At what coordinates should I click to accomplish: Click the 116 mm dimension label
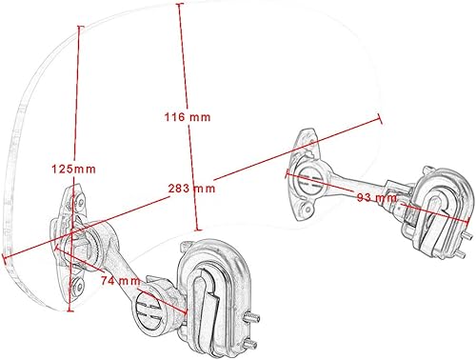tap(186, 116)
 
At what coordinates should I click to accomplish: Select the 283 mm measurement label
tap(191, 188)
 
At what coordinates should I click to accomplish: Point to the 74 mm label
tap(123, 281)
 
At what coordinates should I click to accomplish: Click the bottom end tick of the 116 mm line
tap(197, 231)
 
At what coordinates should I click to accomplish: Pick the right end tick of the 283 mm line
tap(381, 119)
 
